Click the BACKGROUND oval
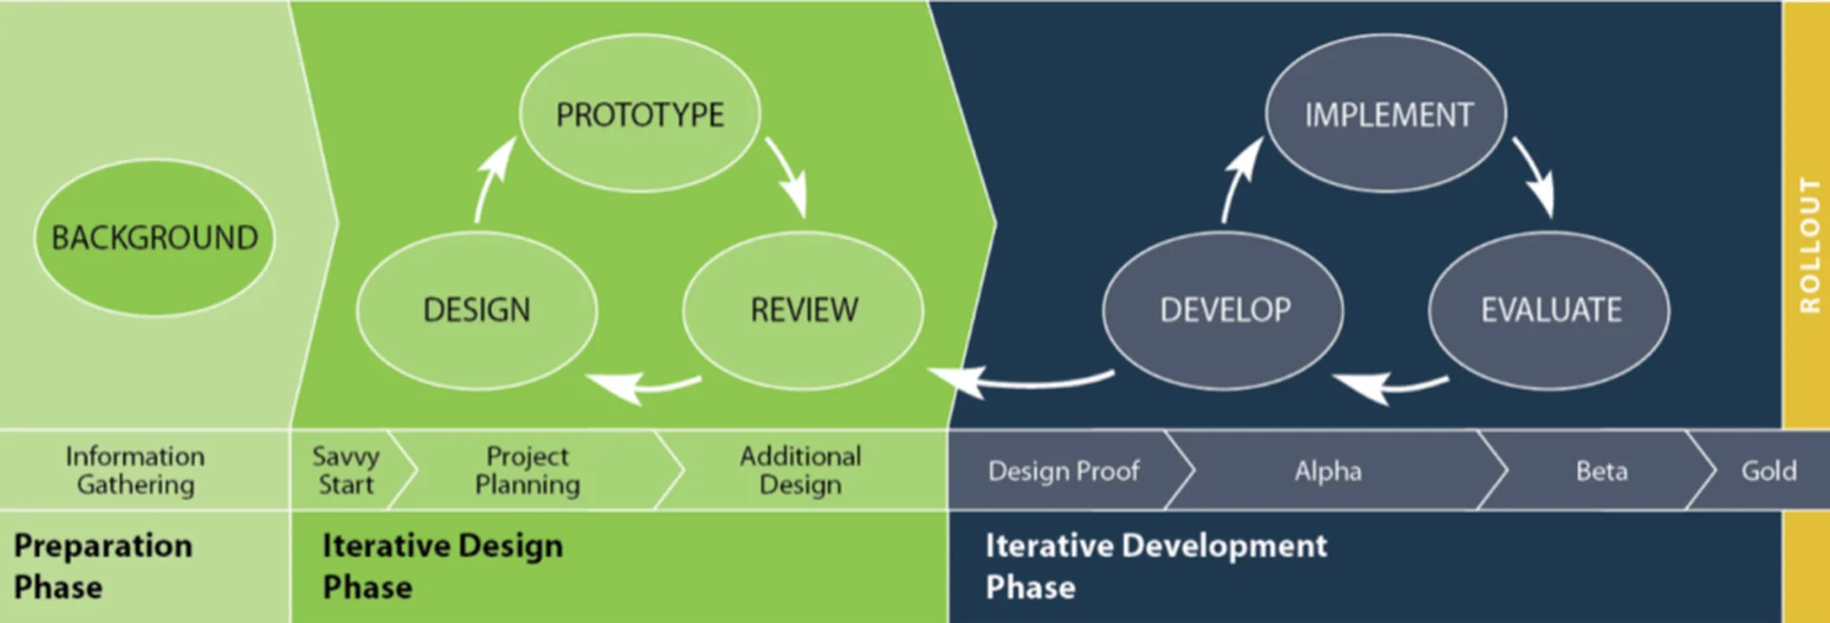[x=154, y=237]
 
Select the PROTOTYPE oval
[x=640, y=114]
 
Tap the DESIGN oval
[x=477, y=310]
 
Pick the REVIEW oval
[x=803, y=310]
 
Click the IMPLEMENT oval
[x=1387, y=114]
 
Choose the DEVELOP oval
[x=1224, y=310]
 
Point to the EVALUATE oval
[x=1550, y=310]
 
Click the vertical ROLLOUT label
[x=1809, y=245]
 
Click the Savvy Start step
[x=346, y=470]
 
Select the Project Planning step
[x=527, y=470]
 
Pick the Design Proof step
[x=1064, y=471]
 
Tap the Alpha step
[x=1328, y=471]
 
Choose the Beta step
[x=1601, y=471]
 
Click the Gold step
[x=1769, y=471]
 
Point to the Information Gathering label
[x=135, y=470]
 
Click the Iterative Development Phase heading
[x=1156, y=566]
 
